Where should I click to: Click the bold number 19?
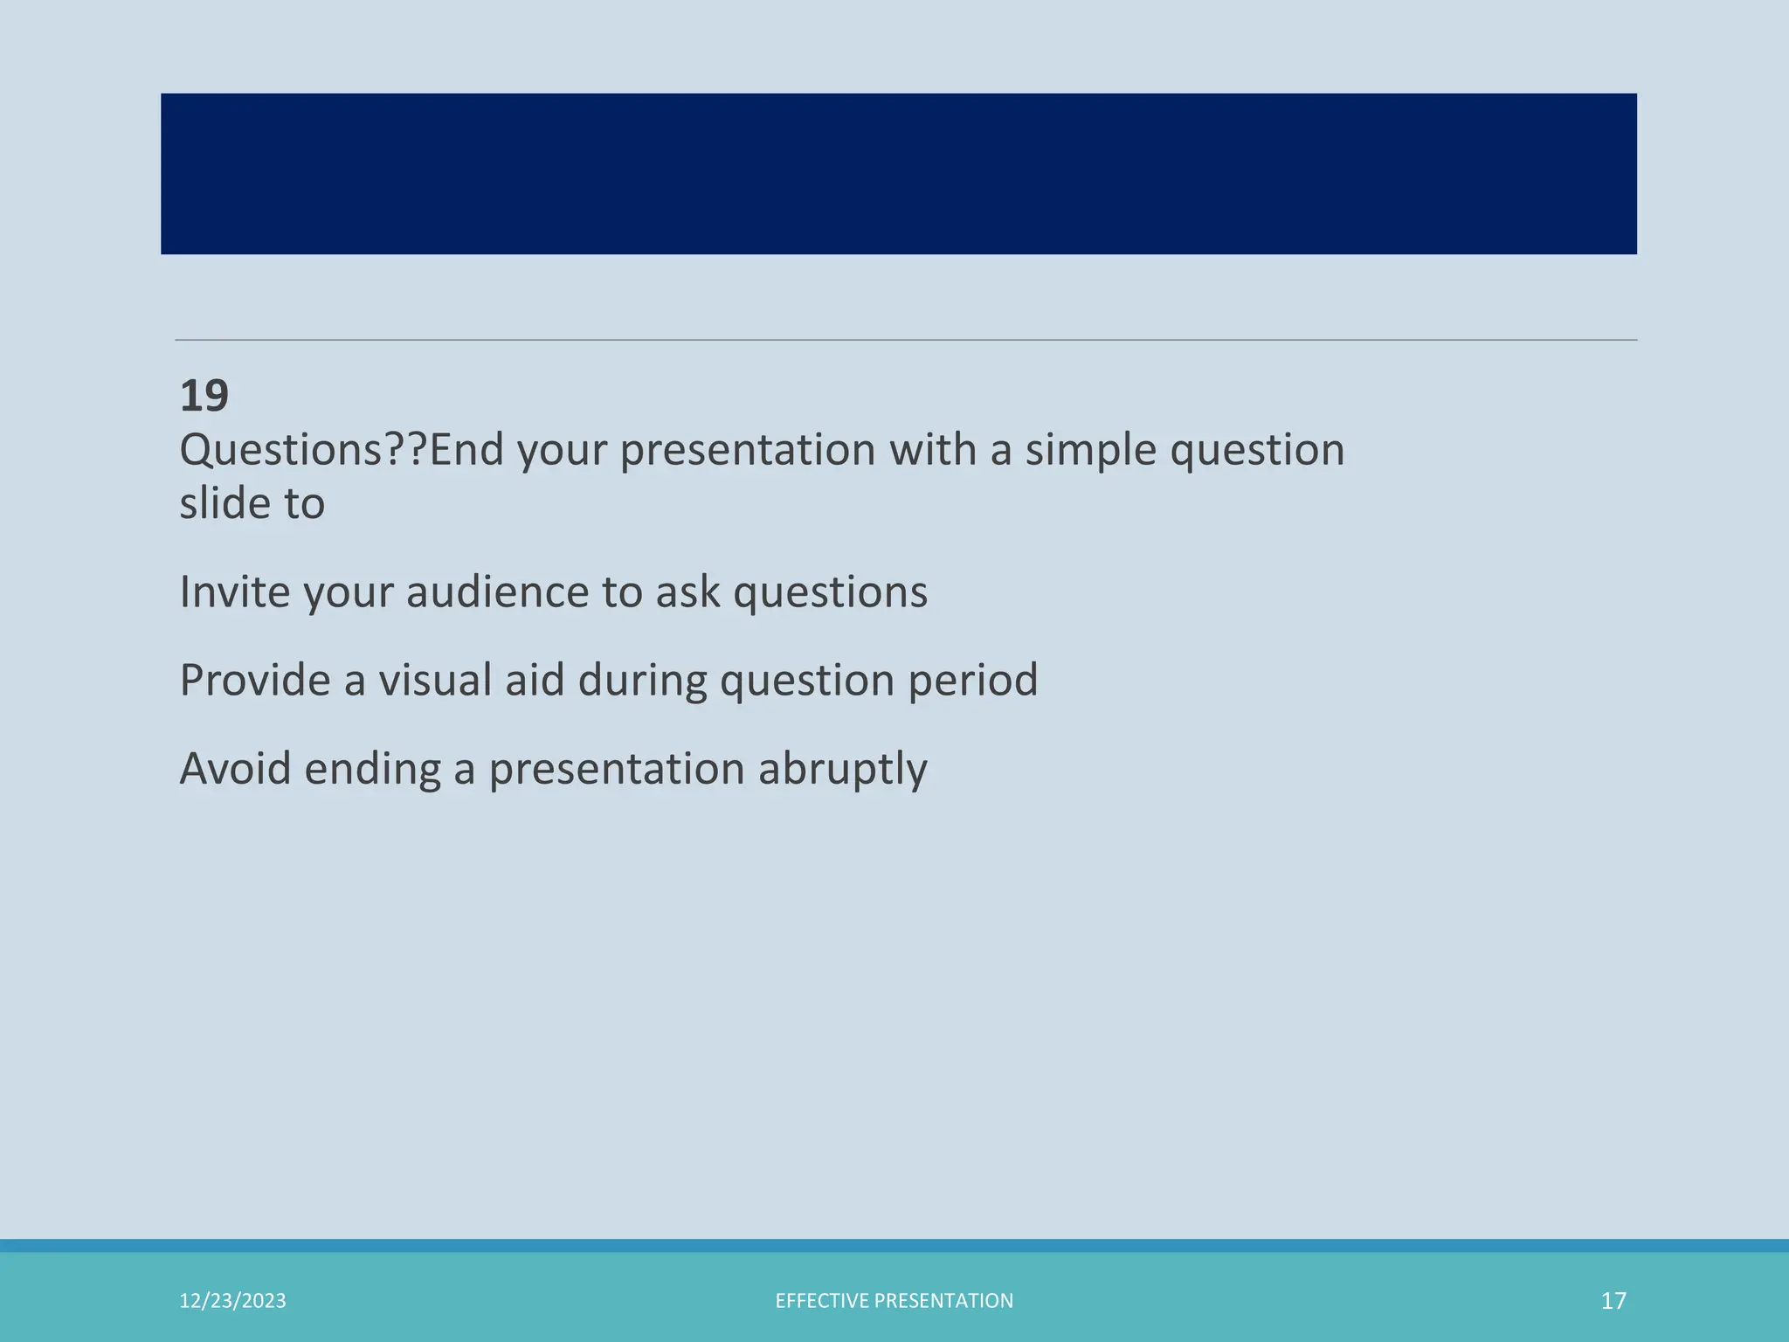(x=204, y=396)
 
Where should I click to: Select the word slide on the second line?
(x=222, y=504)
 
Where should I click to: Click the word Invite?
(x=234, y=592)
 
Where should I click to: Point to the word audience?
(x=497, y=592)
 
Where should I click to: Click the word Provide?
(x=254, y=681)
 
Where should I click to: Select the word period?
(x=972, y=681)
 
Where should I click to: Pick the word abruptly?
(x=842, y=771)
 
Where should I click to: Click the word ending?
(x=372, y=771)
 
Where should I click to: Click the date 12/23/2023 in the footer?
(x=232, y=1301)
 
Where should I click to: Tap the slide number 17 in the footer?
(x=1613, y=1301)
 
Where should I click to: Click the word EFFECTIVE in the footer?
(x=821, y=1301)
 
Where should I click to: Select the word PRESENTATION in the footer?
(x=943, y=1301)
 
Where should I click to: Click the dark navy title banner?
(x=898, y=174)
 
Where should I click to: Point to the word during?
(x=641, y=681)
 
